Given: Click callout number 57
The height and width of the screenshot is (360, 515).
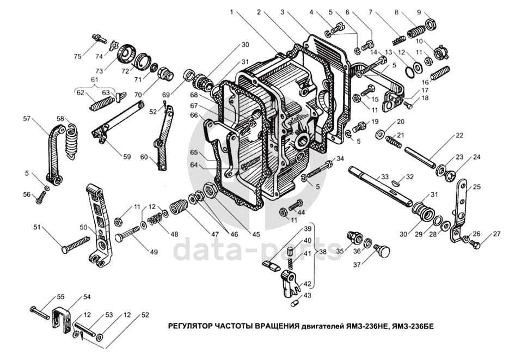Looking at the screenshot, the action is click(26, 119).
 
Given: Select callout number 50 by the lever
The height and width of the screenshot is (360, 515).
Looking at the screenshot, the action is click(84, 227).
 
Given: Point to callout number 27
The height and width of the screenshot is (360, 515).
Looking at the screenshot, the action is click(496, 234).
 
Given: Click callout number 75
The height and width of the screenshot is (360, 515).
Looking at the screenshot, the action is click(77, 57).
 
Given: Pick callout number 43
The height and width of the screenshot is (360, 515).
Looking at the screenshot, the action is click(306, 296).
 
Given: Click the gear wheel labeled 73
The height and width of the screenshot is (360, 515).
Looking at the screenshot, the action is click(125, 53).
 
